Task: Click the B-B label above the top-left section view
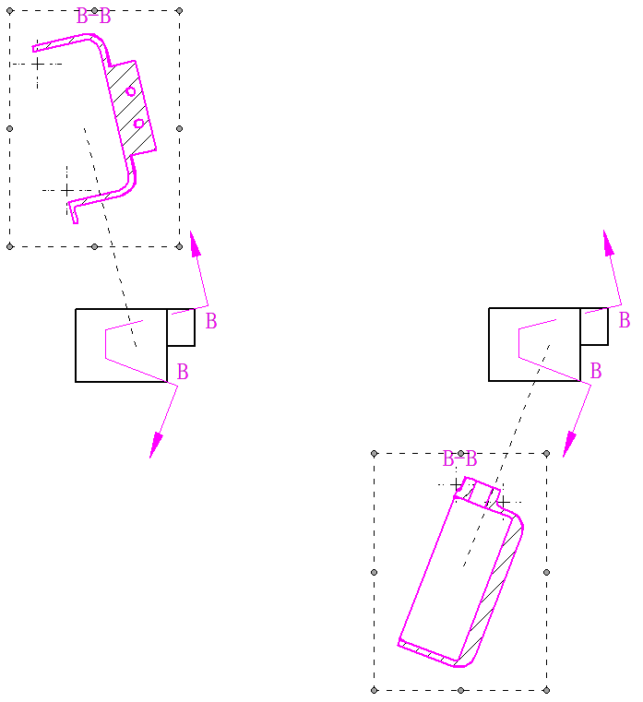pos(93,17)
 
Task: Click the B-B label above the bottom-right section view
pos(459,459)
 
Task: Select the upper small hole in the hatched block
pos(130,91)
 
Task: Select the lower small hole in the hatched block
pos(138,123)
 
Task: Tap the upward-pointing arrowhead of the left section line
pos(196,244)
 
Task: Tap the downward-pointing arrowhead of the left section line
pos(155,445)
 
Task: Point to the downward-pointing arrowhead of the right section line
pos(569,444)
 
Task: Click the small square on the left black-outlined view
pos(181,327)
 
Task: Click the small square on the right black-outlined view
pos(594,327)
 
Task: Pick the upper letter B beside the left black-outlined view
pos(211,321)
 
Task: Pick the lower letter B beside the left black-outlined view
pos(183,372)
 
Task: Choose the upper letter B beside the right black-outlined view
pos(625,320)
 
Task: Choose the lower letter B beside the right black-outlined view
pos(596,371)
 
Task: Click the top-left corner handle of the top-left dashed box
pos(10,11)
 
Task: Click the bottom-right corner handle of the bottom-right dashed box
pos(546,690)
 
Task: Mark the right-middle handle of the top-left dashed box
pos(180,128)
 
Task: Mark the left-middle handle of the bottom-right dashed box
pos(375,572)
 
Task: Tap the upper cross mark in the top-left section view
pos(38,64)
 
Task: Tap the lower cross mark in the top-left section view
pos(66,191)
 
